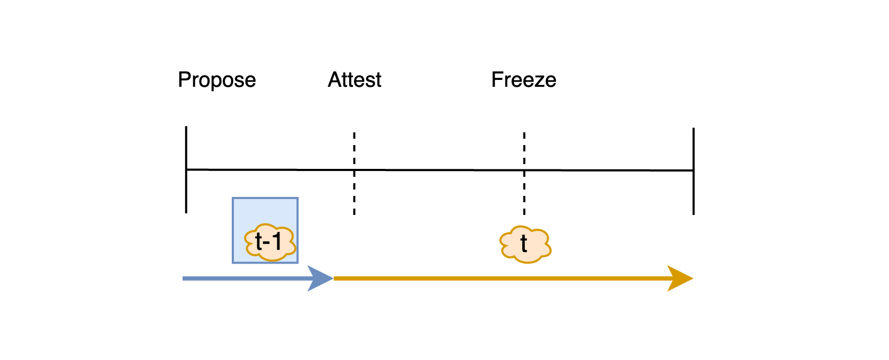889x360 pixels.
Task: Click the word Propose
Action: (x=217, y=80)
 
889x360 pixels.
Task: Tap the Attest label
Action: (x=355, y=80)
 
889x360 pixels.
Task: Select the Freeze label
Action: (x=524, y=80)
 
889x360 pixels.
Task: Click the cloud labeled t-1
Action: (x=270, y=242)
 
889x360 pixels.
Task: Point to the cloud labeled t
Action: (x=525, y=244)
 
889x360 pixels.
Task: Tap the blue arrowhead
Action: (x=320, y=278)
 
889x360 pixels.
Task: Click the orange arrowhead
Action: (x=679, y=278)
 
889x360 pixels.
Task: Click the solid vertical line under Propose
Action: (x=186, y=196)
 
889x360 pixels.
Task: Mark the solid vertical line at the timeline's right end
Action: (x=693, y=196)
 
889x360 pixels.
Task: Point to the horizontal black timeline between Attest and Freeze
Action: (x=439, y=170)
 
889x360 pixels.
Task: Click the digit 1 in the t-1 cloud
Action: (x=276, y=241)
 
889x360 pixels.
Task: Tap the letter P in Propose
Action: (x=184, y=80)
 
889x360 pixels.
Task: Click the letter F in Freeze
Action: (x=497, y=80)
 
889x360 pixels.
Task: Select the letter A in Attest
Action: (x=334, y=80)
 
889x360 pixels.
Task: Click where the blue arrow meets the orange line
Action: (x=333, y=278)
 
